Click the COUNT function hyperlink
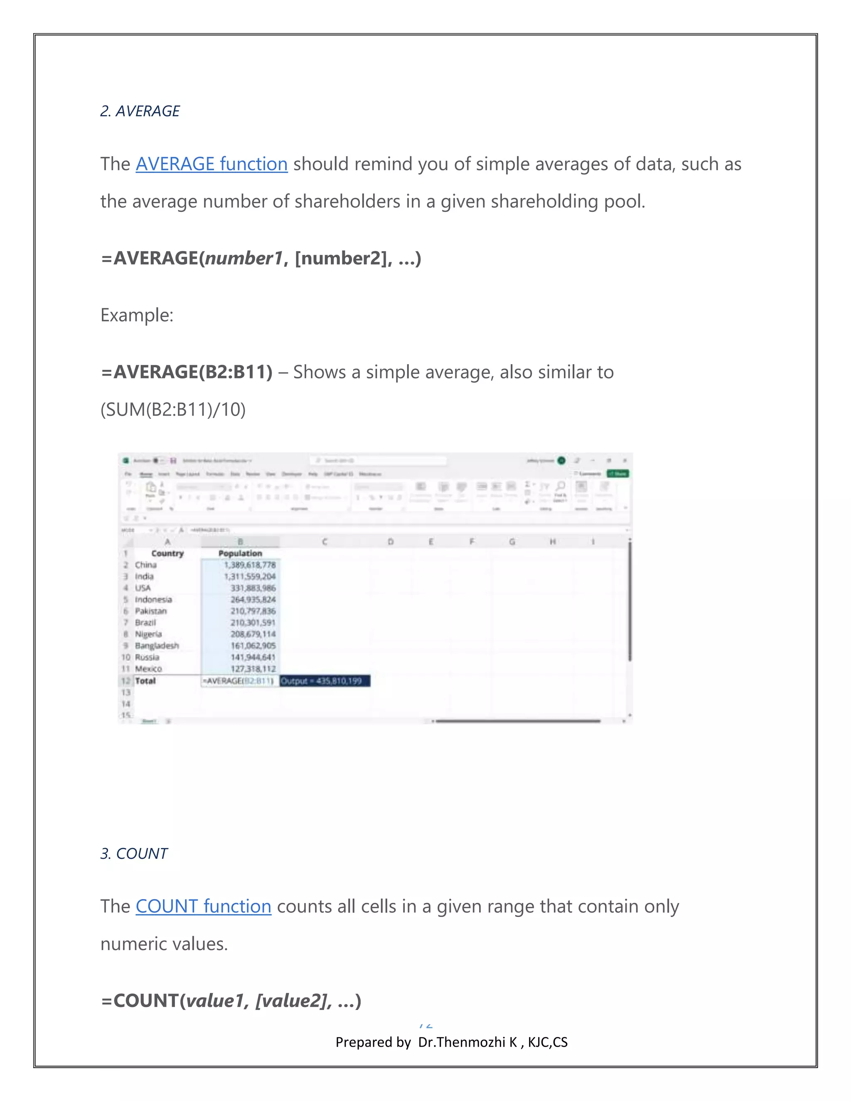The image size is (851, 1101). pyautogui.click(x=203, y=907)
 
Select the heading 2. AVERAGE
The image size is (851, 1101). pyautogui.click(x=140, y=111)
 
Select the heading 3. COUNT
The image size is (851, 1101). pyautogui.click(x=134, y=853)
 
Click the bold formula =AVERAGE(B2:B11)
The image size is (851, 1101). pyautogui.click(x=187, y=372)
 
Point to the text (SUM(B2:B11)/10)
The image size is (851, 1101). pyautogui.click(x=173, y=409)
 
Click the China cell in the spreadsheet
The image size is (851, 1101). pyautogui.click(x=146, y=565)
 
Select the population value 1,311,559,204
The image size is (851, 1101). pyautogui.click(x=250, y=576)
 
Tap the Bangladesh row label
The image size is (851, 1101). pyautogui.click(x=157, y=646)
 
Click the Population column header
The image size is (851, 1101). pyautogui.click(x=240, y=553)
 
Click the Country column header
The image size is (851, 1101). pyautogui.click(x=167, y=553)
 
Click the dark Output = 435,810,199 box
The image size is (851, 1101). pyautogui.click(x=325, y=681)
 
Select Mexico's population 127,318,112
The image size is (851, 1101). pyautogui.click(x=253, y=669)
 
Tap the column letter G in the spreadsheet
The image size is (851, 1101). pyautogui.click(x=512, y=542)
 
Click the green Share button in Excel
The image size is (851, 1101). pyautogui.click(x=617, y=474)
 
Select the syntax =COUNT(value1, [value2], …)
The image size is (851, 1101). pyautogui.click(x=231, y=1001)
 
